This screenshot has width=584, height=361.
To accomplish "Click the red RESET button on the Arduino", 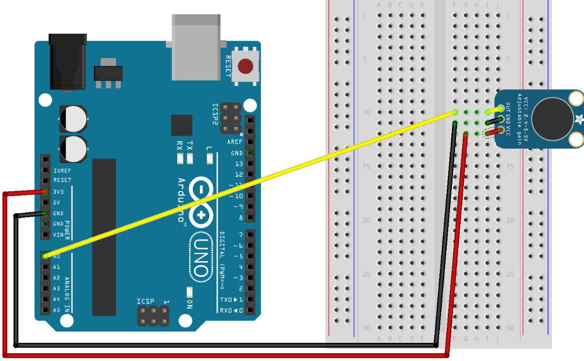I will click(245, 66).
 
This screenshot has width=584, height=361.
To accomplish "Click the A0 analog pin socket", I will click(45, 256).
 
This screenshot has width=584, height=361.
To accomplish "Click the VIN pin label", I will click(58, 235).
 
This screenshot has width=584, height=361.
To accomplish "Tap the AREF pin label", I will click(235, 142).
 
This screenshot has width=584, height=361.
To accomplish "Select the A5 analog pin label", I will click(57, 310).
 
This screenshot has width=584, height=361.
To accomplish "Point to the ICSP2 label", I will click(215, 114).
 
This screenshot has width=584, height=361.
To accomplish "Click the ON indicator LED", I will click(189, 291).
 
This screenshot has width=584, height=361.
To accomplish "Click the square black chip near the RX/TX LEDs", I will click(181, 125).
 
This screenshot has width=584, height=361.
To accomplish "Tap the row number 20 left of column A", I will click(366, 220).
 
